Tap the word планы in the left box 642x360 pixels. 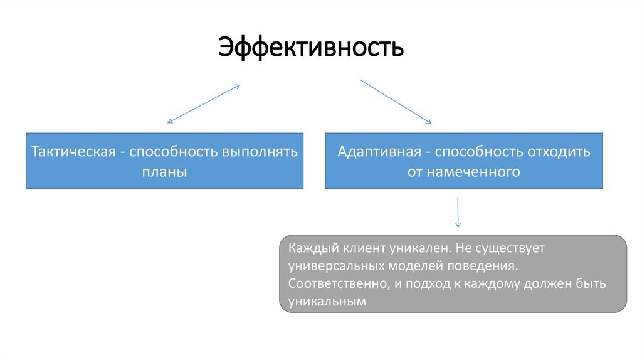click(164, 171)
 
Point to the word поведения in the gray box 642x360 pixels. click(488, 266)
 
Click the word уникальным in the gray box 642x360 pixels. click(327, 302)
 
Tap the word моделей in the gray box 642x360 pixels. click(419, 266)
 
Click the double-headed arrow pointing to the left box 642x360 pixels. click(204, 104)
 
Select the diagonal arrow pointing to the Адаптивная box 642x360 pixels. click(396, 102)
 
